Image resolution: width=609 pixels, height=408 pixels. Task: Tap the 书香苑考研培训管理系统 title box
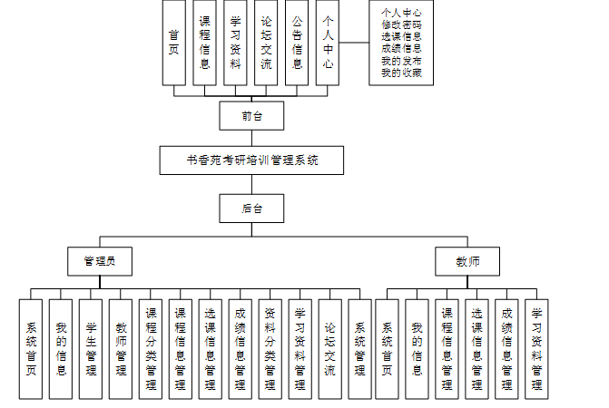pos(252,160)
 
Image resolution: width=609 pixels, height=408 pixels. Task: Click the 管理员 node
pos(100,261)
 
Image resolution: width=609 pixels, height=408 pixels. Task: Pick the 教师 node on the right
pos(468,261)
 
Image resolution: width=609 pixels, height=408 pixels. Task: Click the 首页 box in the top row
pos(173,43)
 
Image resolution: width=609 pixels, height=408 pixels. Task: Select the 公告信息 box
pos(297,43)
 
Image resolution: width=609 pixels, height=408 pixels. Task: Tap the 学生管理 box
pos(91,348)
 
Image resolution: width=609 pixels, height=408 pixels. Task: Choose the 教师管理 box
pos(121,348)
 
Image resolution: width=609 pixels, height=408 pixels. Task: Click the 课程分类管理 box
pos(151,348)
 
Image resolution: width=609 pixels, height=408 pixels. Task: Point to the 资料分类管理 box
pos(270,348)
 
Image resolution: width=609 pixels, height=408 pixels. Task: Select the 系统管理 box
pos(360,348)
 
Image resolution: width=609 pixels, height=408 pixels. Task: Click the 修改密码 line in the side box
pos(401,24)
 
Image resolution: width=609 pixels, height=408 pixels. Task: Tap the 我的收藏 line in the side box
pos(401,73)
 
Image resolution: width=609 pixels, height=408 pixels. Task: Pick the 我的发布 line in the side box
pos(401,61)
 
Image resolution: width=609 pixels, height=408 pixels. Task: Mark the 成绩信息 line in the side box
pos(401,49)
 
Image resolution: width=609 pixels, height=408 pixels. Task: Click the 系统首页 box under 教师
pos(387,348)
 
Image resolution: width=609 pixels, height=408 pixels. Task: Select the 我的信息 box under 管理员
pos(61,348)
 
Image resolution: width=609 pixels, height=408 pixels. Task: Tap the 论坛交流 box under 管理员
pos(330,348)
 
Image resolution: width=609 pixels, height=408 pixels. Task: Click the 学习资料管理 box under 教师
pos(536,348)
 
